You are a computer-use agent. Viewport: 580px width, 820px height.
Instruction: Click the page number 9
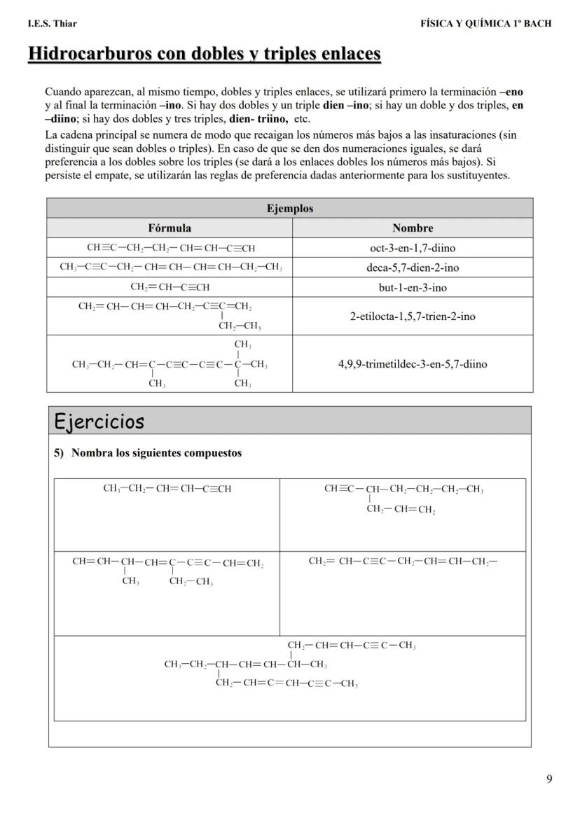pos(548,779)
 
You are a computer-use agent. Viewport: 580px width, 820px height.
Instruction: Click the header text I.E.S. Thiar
pos(52,23)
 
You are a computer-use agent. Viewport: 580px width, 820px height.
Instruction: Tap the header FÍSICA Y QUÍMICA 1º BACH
pos(485,23)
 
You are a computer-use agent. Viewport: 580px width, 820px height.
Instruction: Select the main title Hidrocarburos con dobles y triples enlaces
pos(204,54)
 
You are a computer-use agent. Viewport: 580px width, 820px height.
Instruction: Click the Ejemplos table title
pos(290,208)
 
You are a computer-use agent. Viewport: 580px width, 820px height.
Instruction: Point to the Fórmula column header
pos(170,228)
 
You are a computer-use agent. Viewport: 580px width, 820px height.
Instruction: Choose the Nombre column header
pos(413,228)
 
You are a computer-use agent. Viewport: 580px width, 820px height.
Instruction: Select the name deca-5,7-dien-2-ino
pos(413,267)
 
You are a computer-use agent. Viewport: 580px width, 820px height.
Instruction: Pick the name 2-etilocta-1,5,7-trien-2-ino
pos(413,317)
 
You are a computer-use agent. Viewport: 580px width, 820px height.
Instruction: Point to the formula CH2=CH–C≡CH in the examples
pos(170,287)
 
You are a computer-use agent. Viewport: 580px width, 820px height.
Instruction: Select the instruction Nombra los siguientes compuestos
pos(156,453)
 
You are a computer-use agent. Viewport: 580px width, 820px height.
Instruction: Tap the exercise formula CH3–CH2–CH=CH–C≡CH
pos(167,489)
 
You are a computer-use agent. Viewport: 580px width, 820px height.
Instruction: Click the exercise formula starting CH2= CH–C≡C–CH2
pos(402,561)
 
